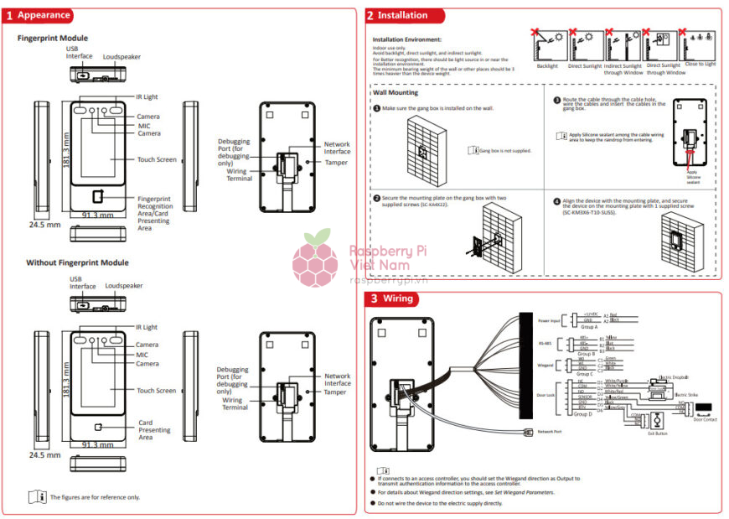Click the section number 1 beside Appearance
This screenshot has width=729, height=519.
click(x=9, y=15)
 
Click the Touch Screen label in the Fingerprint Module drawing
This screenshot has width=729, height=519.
click(x=157, y=159)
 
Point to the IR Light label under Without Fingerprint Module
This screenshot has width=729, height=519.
click(x=146, y=328)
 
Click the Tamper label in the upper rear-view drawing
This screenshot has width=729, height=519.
click(x=335, y=163)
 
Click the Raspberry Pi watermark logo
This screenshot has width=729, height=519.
click(x=315, y=257)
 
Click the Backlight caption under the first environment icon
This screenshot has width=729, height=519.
click(x=547, y=65)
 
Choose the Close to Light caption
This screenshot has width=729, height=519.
click(x=700, y=64)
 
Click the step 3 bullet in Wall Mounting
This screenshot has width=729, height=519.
click(x=556, y=100)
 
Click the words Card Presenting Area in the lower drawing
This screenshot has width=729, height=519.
click(x=154, y=430)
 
